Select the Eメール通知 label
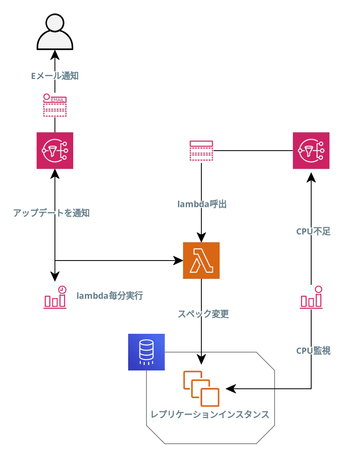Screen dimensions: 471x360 tap(55, 76)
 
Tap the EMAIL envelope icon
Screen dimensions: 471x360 tap(55, 105)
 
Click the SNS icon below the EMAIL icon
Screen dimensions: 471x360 tap(55, 151)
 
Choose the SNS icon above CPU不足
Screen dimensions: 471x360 tap(311, 151)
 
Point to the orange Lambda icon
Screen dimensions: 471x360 tap(201, 261)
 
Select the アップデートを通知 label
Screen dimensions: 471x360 tap(51, 213)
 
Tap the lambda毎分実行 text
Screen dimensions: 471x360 tap(110, 296)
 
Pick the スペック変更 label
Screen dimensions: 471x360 tap(203, 314)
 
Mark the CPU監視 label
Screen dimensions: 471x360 tap(313, 351)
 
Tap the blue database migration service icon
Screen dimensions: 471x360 tap(146, 352)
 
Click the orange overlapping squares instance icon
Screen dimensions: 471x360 tap(201, 389)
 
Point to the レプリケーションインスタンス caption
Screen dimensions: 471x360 tap(210, 414)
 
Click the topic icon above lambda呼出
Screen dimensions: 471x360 tap(201, 151)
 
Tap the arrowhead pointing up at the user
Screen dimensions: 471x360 tap(55, 54)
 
